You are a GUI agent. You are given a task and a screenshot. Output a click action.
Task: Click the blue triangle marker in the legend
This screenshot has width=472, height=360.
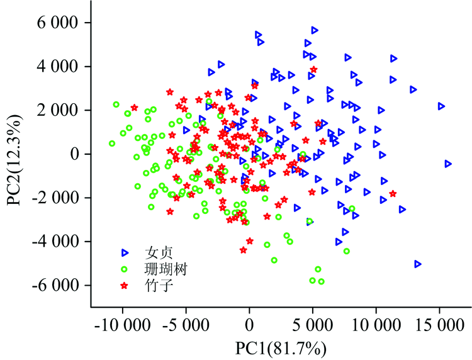[x=125, y=252]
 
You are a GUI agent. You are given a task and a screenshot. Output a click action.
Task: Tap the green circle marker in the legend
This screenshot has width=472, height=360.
[x=125, y=269]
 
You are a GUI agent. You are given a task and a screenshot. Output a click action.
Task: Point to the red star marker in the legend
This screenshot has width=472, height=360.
[x=125, y=286]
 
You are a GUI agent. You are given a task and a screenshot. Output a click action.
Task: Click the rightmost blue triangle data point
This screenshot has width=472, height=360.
[x=448, y=164]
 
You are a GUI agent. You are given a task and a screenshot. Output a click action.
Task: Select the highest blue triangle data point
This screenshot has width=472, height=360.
[x=315, y=30]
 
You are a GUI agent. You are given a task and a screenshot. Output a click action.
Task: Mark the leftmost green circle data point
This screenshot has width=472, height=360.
[x=112, y=143]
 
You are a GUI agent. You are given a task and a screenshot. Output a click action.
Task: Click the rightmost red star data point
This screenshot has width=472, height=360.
[x=393, y=194]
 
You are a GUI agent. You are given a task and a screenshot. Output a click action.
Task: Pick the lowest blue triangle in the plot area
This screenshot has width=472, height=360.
[x=418, y=264]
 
